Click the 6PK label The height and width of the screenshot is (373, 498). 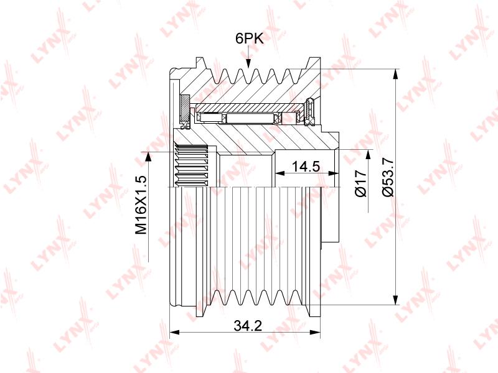pos(250,39)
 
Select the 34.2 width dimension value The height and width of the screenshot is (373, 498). pos(248,325)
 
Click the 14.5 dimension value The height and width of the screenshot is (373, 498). pos(306,166)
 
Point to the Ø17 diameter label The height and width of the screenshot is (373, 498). pos(361,183)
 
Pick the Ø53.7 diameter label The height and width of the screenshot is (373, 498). pos(388,177)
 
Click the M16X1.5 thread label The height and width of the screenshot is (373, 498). pos(141,205)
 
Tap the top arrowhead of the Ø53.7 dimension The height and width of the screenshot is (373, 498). pos(395,74)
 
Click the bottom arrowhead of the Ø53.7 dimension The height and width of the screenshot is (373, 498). pos(395,300)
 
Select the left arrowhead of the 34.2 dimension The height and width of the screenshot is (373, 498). pos(176,332)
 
